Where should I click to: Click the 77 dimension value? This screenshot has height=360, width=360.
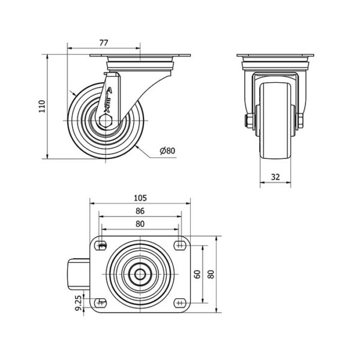coord(104,43)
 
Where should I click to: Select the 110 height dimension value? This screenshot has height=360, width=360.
coord(42,106)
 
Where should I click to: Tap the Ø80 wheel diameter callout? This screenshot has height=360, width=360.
coord(167,151)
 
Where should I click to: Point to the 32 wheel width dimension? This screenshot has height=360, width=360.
coord(275,177)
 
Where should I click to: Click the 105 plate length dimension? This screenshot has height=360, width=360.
coord(140,197)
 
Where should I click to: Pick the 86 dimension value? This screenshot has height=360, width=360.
coord(140,211)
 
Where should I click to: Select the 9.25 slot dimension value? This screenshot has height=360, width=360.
coord(79,303)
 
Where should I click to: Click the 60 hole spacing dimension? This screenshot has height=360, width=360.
coord(197,274)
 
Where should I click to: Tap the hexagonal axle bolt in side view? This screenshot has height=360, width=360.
coord(106,121)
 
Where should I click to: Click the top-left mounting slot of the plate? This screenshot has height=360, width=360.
coord(101,245)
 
